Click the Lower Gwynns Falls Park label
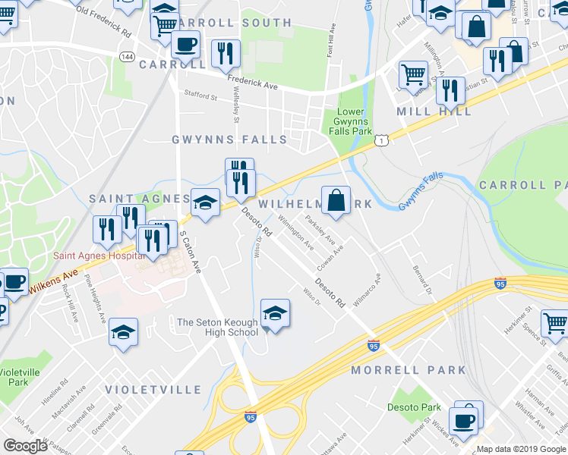click(351, 121)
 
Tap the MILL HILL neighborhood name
click(434, 111)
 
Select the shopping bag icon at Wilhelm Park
click(335, 200)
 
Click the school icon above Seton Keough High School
click(275, 312)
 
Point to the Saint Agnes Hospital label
click(99, 256)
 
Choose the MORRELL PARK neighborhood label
click(409, 370)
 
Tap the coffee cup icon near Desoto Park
click(462, 420)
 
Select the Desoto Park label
click(414, 407)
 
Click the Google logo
click(27, 446)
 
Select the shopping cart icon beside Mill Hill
click(412, 74)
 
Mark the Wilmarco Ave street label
click(367, 285)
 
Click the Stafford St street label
click(200, 96)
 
